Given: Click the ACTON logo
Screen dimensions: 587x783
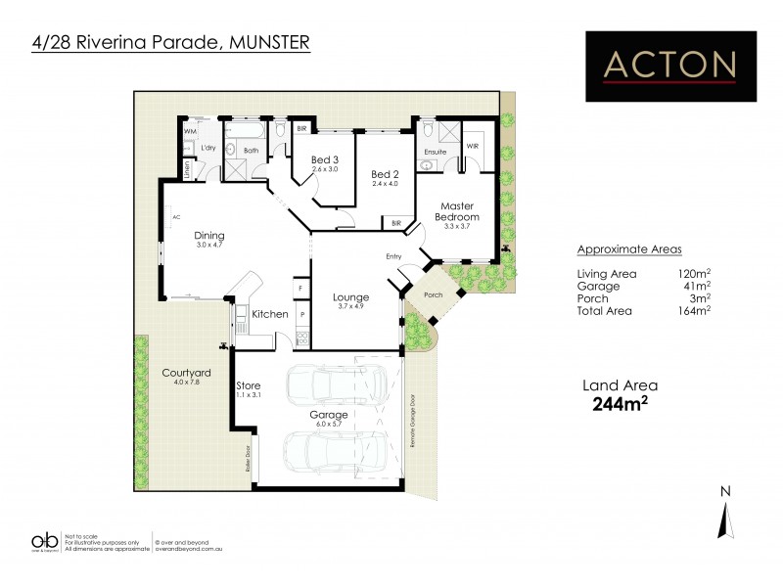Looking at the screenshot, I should click(x=669, y=65).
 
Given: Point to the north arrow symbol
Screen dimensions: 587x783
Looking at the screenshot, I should click(x=723, y=515).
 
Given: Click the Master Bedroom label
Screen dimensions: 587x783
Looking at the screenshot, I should click(x=458, y=210).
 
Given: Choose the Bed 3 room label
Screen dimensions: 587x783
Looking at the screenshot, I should click(x=324, y=160).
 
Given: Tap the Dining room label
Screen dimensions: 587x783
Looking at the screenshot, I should click(x=208, y=235).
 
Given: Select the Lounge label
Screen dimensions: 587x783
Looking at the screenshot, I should click(x=349, y=297).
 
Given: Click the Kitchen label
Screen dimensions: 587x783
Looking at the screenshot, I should click(x=269, y=314).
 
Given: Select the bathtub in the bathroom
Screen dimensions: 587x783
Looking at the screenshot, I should click(x=244, y=129).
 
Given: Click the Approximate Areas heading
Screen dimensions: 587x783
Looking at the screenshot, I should click(x=629, y=248).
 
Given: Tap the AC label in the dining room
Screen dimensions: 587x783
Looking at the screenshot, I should click(x=177, y=217).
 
